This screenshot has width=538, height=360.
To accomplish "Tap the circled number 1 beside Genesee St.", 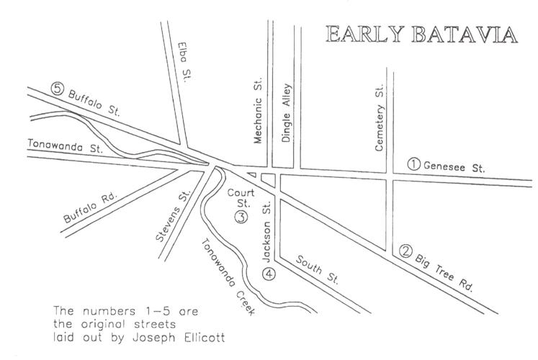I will (x=413, y=163).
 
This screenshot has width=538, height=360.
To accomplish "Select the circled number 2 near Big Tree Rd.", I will (x=406, y=252).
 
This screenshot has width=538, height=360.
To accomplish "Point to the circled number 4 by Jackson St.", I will (x=268, y=274).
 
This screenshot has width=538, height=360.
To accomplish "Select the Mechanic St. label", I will (x=260, y=116).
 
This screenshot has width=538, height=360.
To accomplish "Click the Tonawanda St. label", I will (x=66, y=146).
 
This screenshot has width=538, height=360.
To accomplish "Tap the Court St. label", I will (x=237, y=198).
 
